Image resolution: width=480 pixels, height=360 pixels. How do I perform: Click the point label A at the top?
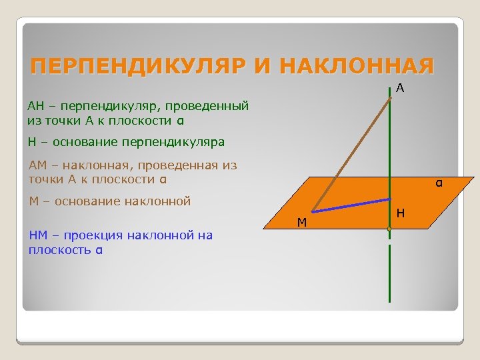(399, 88)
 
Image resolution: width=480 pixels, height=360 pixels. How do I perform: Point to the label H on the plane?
(399, 213)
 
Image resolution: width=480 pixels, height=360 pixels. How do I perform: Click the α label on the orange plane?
(439, 182)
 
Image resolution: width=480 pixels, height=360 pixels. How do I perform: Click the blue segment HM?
(351, 205)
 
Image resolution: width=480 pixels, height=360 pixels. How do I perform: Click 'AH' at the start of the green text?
(35, 105)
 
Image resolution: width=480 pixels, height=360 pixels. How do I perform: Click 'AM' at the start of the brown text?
(38, 165)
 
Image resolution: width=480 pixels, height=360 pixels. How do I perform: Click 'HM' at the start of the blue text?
(38, 235)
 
